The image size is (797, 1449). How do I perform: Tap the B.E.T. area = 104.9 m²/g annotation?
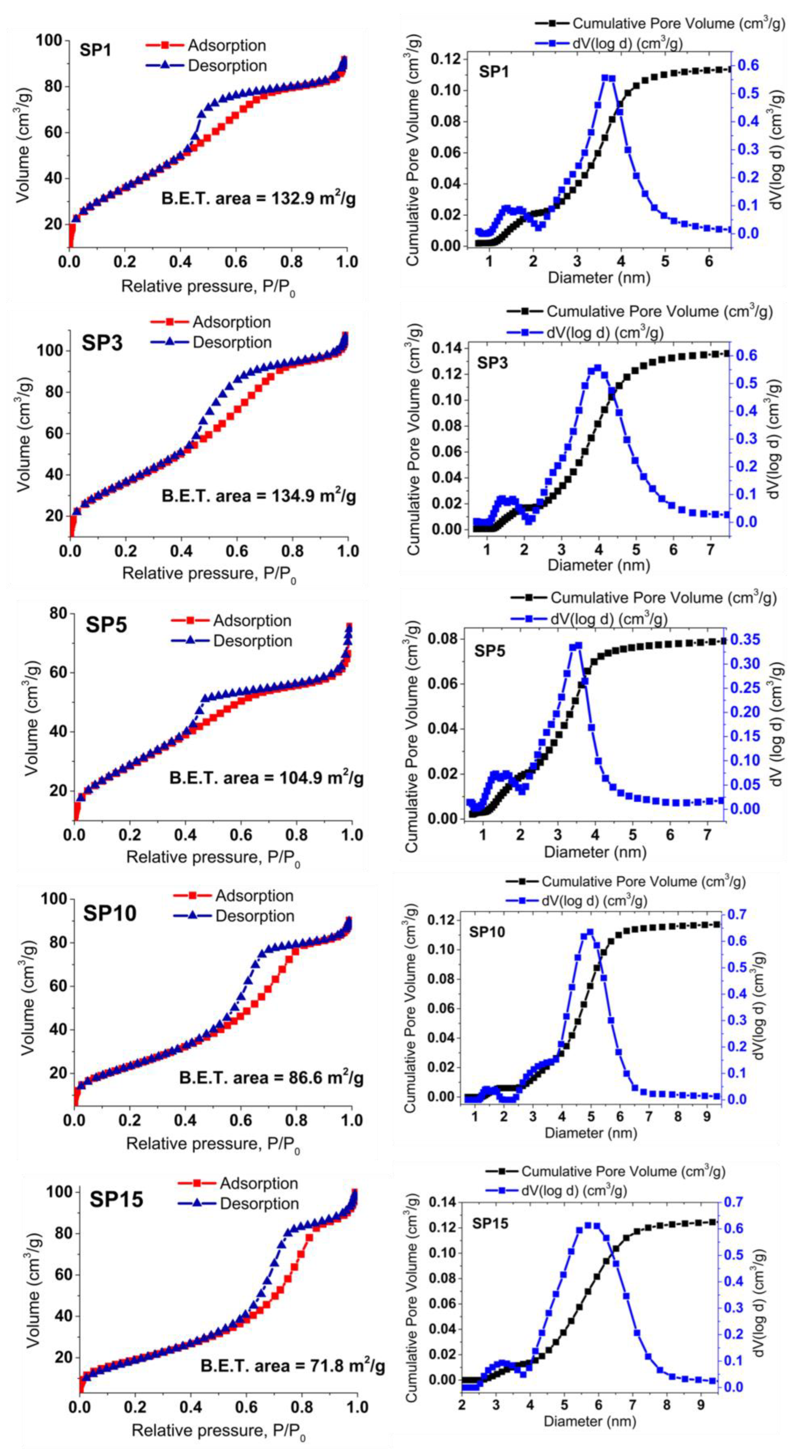pyautogui.click(x=266, y=778)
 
